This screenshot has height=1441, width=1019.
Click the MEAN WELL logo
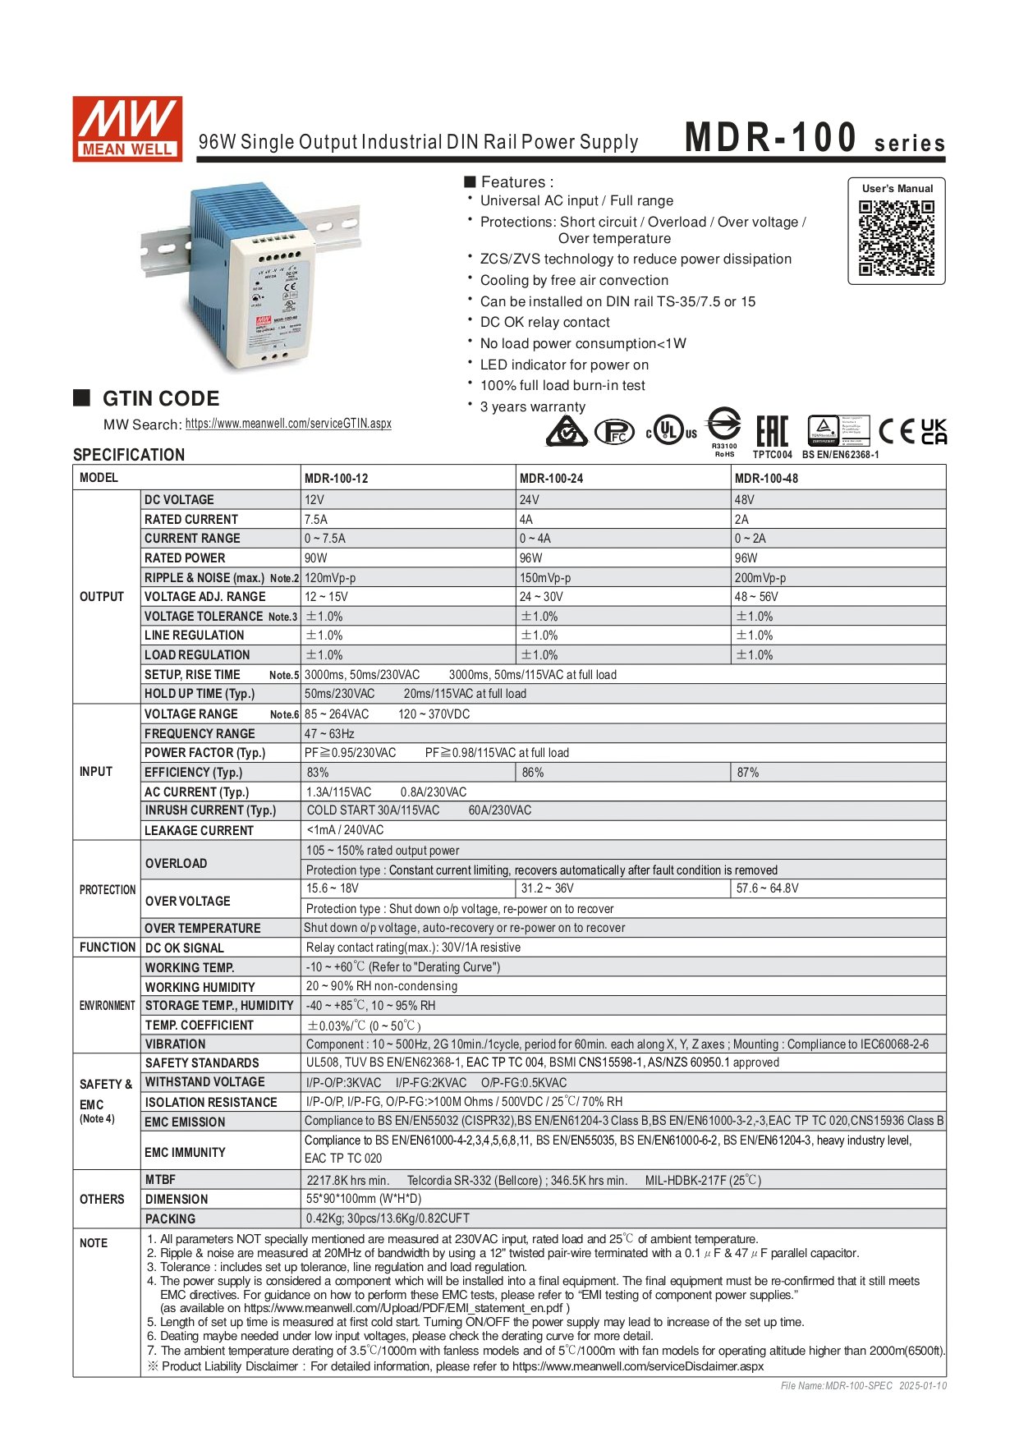pos(127,129)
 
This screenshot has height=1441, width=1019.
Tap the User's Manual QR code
pos(897,238)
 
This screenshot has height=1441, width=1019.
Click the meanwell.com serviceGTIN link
pos(288,424)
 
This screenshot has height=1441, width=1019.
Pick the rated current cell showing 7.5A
pos(316,520)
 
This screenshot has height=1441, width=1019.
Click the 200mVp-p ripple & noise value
pos(760,578)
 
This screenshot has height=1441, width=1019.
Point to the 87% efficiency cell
pos(748,773)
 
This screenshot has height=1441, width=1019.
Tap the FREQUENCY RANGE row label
pos(200,734)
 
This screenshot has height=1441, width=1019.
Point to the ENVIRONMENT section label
pos(107,1006)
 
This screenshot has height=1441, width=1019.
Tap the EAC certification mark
pos(772,431)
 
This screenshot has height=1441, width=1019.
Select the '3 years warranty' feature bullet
pos(532,407)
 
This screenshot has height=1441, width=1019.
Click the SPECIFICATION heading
pos(129,455)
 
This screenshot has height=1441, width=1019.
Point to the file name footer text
pos(863,1386)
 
